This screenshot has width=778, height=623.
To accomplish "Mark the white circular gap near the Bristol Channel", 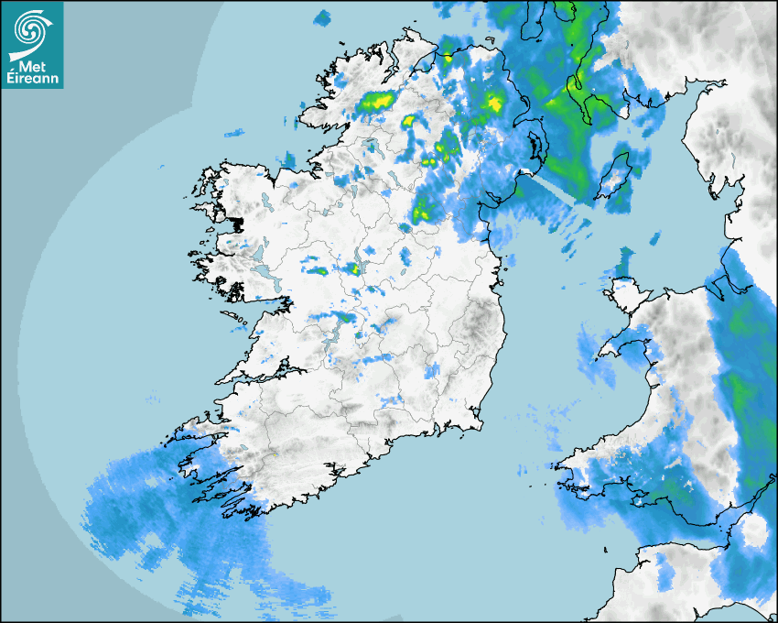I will click(754, 530).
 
